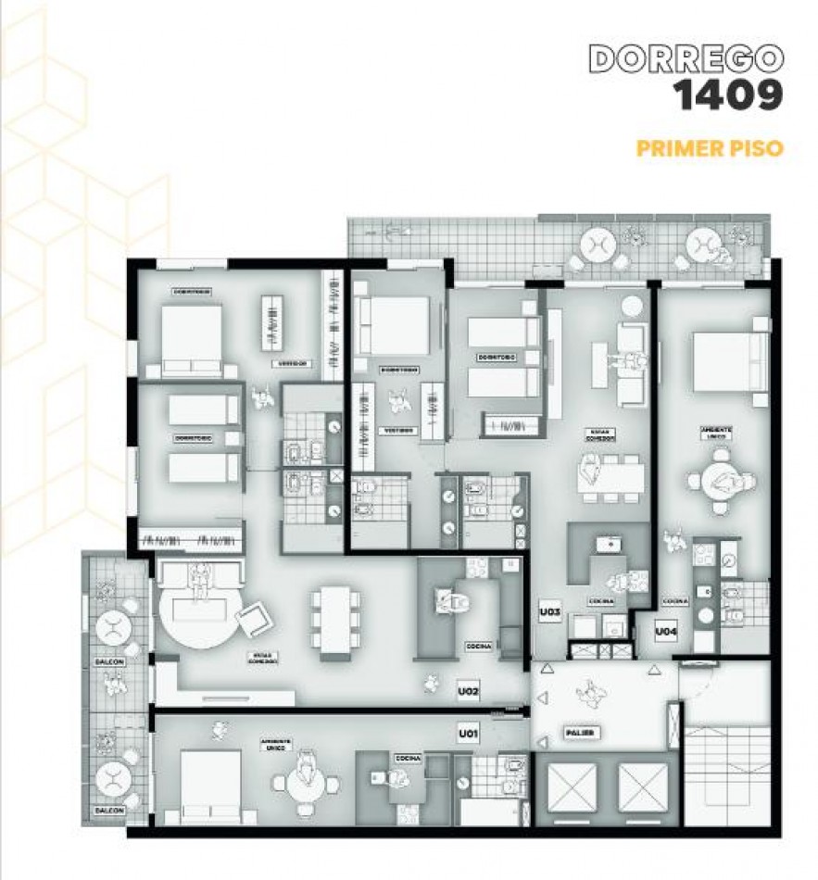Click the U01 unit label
468,735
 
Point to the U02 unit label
468,690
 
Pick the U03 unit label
550,612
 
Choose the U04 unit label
665,632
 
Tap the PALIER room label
578,734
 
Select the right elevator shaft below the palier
643,788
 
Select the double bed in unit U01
208,786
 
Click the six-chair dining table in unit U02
335,618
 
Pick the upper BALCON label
108,660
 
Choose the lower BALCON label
108,811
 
